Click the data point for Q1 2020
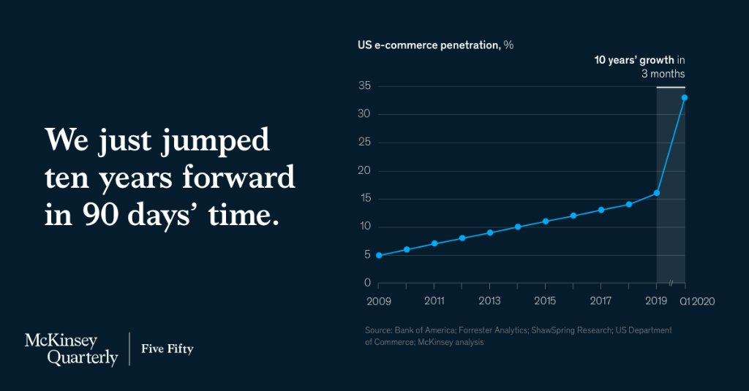pyautogui.click(x=685, y=97)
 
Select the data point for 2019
pyautogui.click(x=657, y=193)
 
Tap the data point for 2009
pyautogui.click(x=379, y=255)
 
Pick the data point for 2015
pyautogui.click(x=546, y=221)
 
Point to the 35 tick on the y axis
pyautogui.click(x=364, y=86)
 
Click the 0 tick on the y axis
pyautogui.click(x=368, y=283)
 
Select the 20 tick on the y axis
pyautogui.click(x=364, y=170)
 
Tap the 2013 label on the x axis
pyautogui.click(x=489, y=300)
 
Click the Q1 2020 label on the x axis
pyautogui.click(x=697, y=300)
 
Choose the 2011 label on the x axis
pyautogui.click(x=434, y=300)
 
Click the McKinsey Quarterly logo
pyautogui.click(x=71, y=349)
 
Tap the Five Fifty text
pyautogui.click(x=167, y=349)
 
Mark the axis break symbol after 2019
pyautogui.click(x=671, y=284)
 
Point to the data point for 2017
pyautogui.click(x=601, y=210)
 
